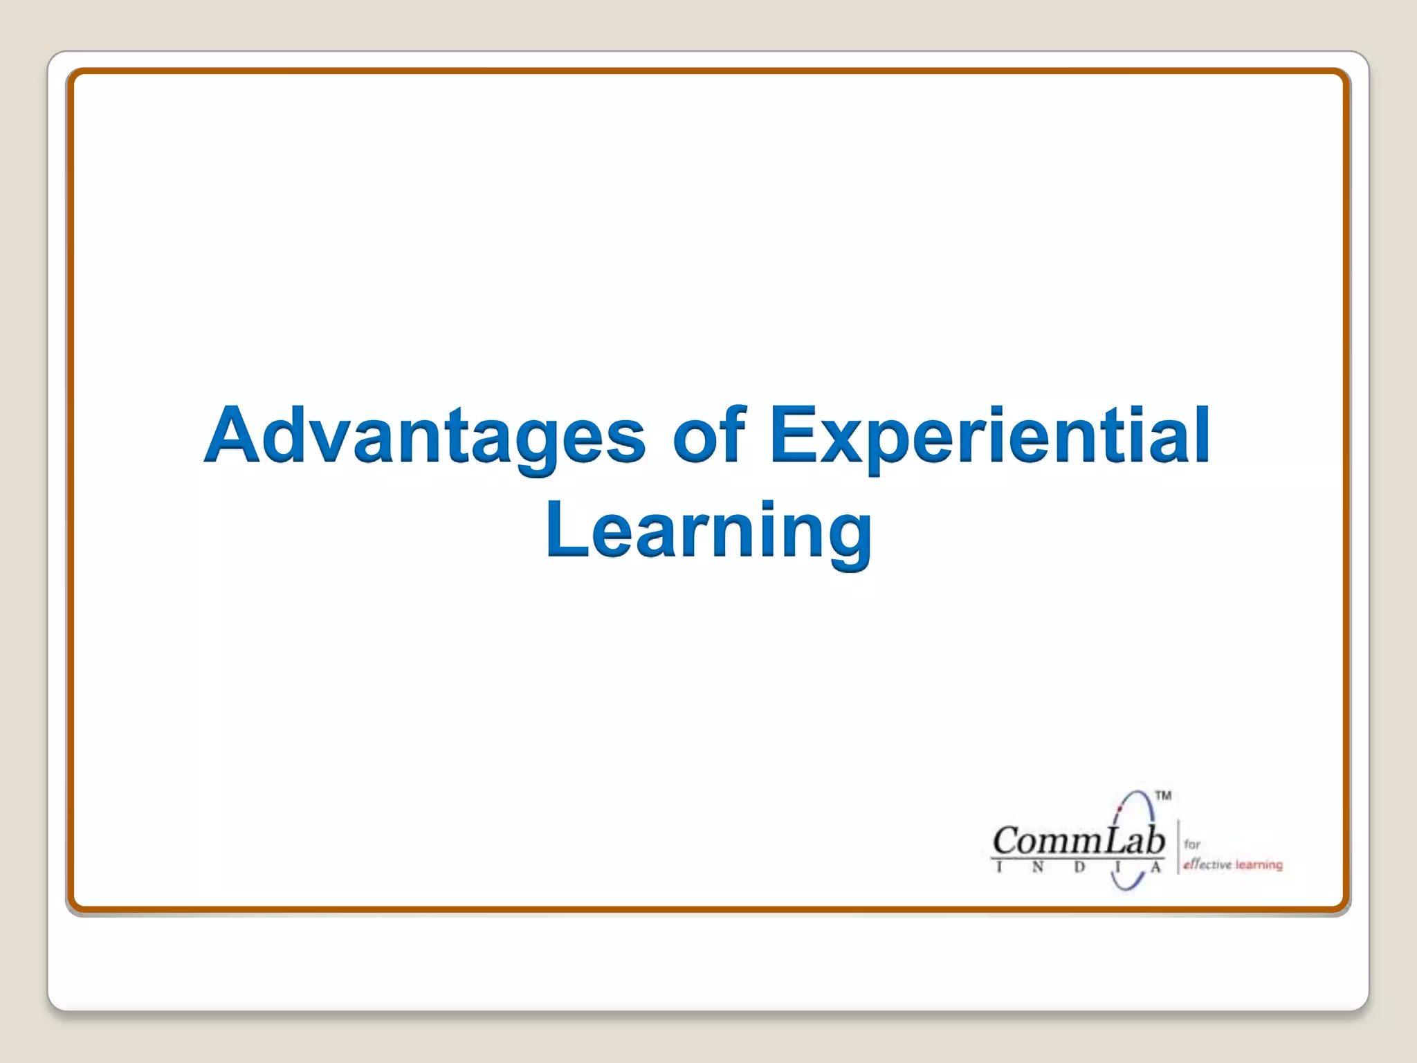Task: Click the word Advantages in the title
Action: (x=425, y=436)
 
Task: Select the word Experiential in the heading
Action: (x=989, y=436)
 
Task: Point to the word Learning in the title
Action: (x=708, y=531)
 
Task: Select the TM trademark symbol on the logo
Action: (x=1163, y=795)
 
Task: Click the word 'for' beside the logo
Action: (x=1191, y=844)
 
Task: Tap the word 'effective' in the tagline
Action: (x=1207, y=864)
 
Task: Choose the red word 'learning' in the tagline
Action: (x=1259, y=864)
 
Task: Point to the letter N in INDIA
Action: (x=1037, y=867)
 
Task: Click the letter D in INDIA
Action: (x=1079, y=867)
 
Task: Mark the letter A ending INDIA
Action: (x=1155, y=867)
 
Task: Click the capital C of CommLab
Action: (x=1006, y=841)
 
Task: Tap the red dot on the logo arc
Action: (x=1119, y=808)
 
